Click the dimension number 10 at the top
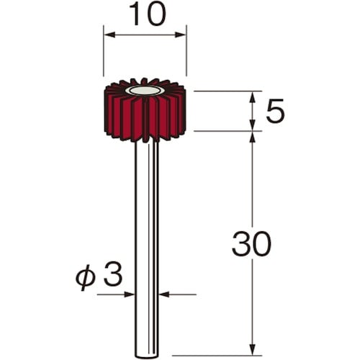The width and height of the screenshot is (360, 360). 148,14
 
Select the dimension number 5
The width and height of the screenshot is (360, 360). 275,111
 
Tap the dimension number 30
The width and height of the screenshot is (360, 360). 251,244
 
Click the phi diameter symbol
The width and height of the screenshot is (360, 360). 86,277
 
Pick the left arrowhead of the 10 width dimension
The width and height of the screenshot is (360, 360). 109,35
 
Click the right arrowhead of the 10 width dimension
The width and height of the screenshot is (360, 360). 181,35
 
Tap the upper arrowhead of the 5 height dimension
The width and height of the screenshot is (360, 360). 252,97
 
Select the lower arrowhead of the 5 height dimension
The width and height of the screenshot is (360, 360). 252,125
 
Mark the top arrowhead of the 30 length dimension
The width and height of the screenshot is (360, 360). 252,137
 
